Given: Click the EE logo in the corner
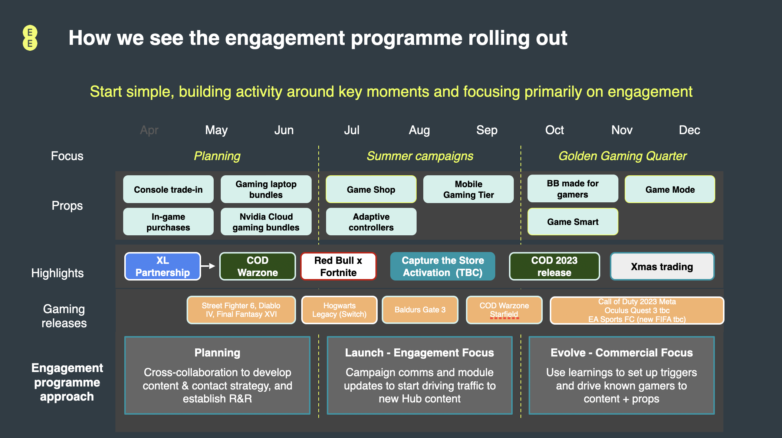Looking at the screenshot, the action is pyautogui.click(x=30, y=38).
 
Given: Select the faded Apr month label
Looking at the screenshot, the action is pyautogui.click(x=149, y=130).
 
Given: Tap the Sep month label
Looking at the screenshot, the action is pyautogui.click(x=487, y=130).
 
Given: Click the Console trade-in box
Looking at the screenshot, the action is pyautogui.click(x=168, y=189).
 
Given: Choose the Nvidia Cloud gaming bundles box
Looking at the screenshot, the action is pyautogui.click(x=266, y=222).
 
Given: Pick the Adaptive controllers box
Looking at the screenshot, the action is pyautogui.click(x=371, y=222).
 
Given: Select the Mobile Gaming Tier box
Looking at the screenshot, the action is pyautogui.click(x=469, y=189).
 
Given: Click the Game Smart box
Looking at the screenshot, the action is pyautogui.click(x=573, y=222).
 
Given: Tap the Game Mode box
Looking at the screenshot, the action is pyautogui.click(x=670, y=189).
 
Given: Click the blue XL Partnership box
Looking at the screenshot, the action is pyautogui.click(x=162, y=266).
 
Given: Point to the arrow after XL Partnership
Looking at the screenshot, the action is pyautogui.click(x=208, y=266).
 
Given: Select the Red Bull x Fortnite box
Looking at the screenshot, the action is pyautogui.click(x=338, y=266).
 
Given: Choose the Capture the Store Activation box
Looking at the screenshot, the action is pyautogui.click(x=443, y=266).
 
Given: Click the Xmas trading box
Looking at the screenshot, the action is pyautogui.click(x=662, y=266).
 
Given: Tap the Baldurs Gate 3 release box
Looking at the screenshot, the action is pyautogui.click(x=420, y=310).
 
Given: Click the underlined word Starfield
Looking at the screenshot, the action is pyautogui.click(x=504, y=314).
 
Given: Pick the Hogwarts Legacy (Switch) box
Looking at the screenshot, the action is pyautogui.click(x=339, y=310).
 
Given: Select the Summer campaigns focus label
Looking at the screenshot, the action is pyautogui.click(x=420, y=156).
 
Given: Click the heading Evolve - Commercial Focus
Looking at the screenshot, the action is pyautogui.click(x=622, y=352).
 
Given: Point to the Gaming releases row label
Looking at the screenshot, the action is pyautogui.click(x=64, y=316).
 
